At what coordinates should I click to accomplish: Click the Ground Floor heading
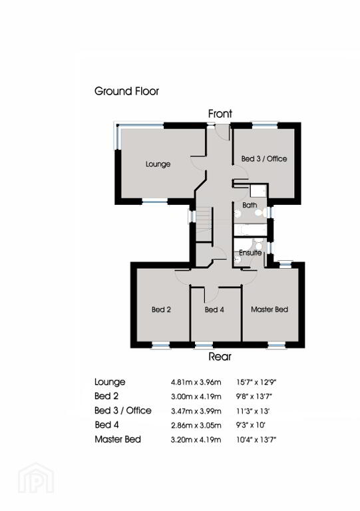pos(126,91)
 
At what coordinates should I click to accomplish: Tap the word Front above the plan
pos(220,114)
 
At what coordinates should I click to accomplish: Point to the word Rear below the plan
pos(220,357)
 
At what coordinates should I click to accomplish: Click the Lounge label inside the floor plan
pos(158,164)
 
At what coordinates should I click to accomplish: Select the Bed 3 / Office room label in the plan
pos(264,159)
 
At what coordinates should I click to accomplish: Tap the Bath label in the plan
pos(250,205)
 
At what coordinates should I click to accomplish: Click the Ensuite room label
pos(250,253)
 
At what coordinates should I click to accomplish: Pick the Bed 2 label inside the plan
pos(161,309)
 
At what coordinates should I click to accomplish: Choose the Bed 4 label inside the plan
pos(214,309)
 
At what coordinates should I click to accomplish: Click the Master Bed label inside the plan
pos(270,309)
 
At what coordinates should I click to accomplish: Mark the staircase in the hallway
pos(204,224)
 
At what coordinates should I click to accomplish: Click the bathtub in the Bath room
pos(250,229)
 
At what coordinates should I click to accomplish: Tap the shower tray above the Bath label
pos(258,190)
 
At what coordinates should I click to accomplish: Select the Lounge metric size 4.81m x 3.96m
pos(196,382)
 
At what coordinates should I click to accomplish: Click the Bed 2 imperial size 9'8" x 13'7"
pos(254,397)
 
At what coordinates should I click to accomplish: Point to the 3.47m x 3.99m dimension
pos(196,411)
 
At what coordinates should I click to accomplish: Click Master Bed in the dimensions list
pos(118,439)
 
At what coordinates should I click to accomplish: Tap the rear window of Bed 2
pos(161,345)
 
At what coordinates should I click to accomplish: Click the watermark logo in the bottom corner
pos(36,478)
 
